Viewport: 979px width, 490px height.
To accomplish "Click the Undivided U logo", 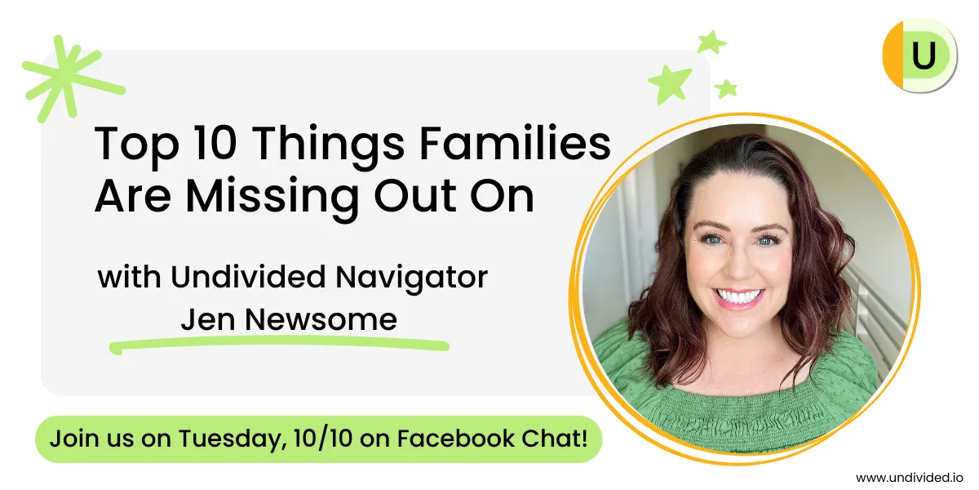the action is click(x=919, y=56).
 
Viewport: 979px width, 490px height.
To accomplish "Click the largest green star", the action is click(x=670, y=84).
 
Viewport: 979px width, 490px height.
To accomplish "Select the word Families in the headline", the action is click(x=515, y=144).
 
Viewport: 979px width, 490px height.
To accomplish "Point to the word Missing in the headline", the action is click(x=272, y=198).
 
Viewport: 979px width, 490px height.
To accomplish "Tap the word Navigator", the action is click(x=411, y=278).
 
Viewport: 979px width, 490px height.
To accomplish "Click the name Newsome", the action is click(x=321, y=319).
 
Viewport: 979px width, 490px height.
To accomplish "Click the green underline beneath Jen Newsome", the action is click(x=279, y=344).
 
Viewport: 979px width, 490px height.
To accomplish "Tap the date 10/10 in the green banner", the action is click(x=323, y=439).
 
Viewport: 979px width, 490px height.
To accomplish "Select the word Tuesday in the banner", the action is click(x=233, y=439).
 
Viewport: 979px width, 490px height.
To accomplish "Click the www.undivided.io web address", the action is click(x=910, y=477).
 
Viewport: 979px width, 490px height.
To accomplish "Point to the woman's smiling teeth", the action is click(x=739, y=296).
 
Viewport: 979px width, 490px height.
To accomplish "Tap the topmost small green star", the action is click(x=711, y=42).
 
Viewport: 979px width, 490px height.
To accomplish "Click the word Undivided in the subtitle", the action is click(x=248, y=277).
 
